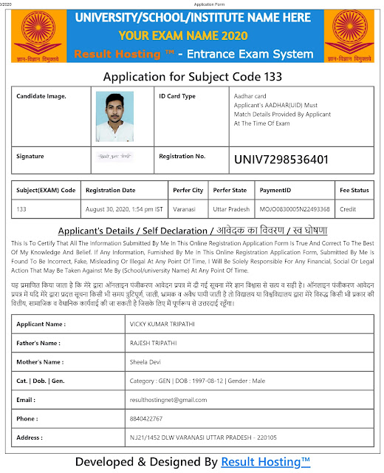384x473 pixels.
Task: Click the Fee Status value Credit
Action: (x=347, y=209)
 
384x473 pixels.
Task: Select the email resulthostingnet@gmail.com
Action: (x=168, y=400)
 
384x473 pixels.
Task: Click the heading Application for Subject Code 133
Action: (x=192, y=77)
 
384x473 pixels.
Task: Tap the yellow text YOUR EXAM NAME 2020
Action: (x=193, y=35)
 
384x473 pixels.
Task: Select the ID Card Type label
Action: (x=177, y=96)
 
